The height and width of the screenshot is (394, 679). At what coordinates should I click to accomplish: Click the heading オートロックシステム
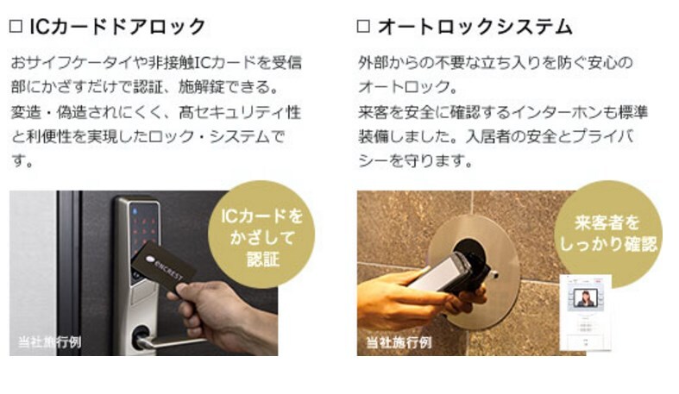point(475,27)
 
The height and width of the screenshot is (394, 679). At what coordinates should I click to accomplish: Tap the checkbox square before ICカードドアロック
point(15,27)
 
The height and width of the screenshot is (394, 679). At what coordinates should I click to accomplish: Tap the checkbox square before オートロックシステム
point(363,27)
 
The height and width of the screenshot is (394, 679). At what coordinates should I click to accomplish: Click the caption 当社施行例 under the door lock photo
point(50,341)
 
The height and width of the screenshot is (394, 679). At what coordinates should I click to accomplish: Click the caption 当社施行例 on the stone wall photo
point(398,341)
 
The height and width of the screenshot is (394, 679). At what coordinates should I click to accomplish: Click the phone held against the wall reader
point(439,275)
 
